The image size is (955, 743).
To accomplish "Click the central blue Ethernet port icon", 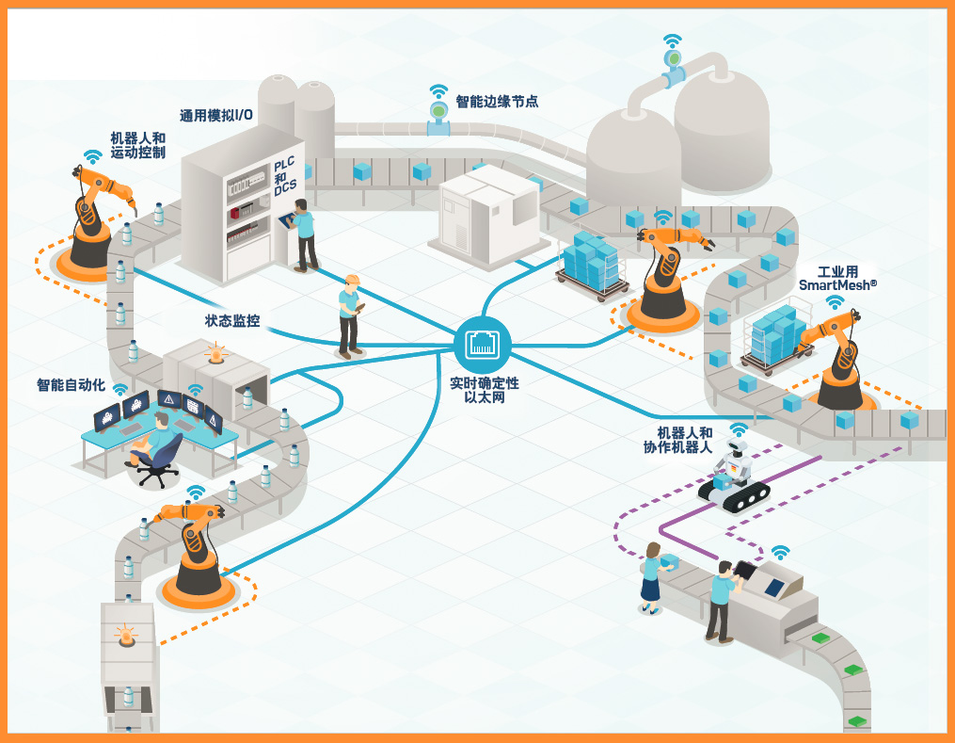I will tap(482, 345).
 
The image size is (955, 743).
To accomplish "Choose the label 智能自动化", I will tap(70, 385).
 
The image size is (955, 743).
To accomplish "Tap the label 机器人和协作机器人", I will tap(685, 440).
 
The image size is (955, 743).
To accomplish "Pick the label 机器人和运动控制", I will tap(137, 145).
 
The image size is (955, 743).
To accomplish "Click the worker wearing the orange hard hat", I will tap(351, 315).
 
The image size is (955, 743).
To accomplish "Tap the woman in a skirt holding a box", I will tap(651, 578).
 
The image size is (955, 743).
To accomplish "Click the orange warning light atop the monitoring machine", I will tap(217, 355).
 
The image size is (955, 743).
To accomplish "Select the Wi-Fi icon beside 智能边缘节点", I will tap(438, 91).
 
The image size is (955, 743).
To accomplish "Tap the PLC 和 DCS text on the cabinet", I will tap(285, 176).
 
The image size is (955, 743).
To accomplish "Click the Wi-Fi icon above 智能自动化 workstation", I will tap(119, 388).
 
